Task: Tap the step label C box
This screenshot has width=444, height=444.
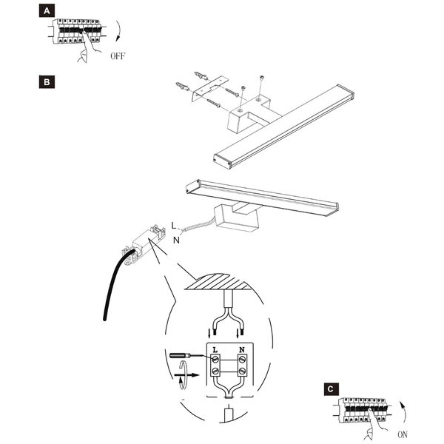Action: [x=332, y=388]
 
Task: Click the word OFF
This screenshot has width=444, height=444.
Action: [x=118, y=56]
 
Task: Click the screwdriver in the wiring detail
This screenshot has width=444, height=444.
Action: [x=183, y=356]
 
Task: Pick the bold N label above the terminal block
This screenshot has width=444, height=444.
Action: [x=241, y=348]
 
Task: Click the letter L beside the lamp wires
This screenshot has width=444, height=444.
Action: [x=175, y=223]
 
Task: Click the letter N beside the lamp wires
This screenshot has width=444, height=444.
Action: [x=176, y=239]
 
